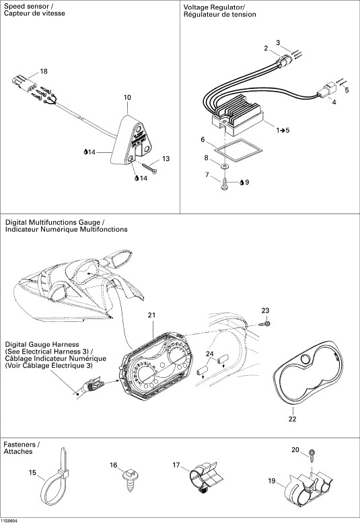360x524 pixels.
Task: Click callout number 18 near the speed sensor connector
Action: point(44,71)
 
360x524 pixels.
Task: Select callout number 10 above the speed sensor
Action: point(127,98)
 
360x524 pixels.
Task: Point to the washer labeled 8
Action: point(225,166)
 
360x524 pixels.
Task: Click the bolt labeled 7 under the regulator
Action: point(225,184)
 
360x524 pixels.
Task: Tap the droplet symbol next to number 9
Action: point(242,183)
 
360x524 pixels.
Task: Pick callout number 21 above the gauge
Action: point(152,315)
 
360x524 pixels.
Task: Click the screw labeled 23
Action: point(264,324)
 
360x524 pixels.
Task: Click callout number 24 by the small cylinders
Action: point(210,353)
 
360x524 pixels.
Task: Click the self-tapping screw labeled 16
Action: point(129,480)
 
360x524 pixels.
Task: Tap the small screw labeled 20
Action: point(313,456)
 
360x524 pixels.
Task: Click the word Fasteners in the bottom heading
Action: point(20,445)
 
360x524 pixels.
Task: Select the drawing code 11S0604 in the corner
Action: point(9,521)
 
